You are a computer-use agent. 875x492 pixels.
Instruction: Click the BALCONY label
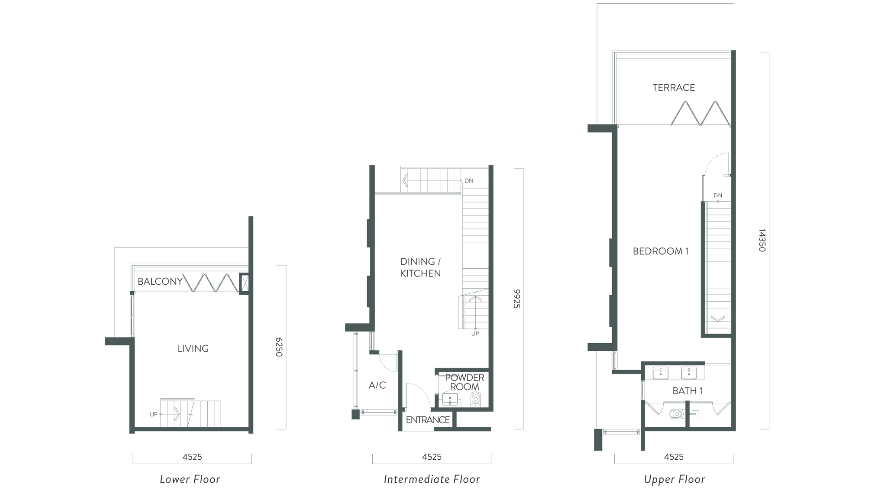(x=160, y=282)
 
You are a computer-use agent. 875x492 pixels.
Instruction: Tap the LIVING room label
(x=193, y=348)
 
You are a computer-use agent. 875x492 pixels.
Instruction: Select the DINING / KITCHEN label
(x=421, y=267)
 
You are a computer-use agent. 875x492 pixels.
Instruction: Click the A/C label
(x=377, y=385)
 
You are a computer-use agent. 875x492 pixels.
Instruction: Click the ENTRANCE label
(x=428, y=420)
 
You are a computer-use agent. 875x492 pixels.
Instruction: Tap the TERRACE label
(x=674, y=87)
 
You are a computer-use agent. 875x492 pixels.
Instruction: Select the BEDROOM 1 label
(x=660, y=251)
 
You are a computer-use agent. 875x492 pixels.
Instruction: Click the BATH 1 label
(x=688, y=391)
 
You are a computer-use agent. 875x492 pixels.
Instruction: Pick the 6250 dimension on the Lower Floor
(x=279, y=347)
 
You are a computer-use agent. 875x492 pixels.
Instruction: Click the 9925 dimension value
(x=517, y=299)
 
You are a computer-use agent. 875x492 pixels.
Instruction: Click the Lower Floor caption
(x=190, y=479)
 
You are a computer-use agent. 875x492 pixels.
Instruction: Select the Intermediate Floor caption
(x=432, y=479)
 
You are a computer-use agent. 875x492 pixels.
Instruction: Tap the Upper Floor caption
(x=674, y=479)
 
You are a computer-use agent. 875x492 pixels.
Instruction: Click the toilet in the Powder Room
(x=476, y=400)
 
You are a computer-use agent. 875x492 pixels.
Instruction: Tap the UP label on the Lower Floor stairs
(x=154, y=415)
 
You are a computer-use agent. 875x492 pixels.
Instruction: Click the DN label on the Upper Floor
(x=718, y=195)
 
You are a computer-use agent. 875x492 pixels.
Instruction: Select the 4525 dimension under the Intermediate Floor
(x=432, y=456)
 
